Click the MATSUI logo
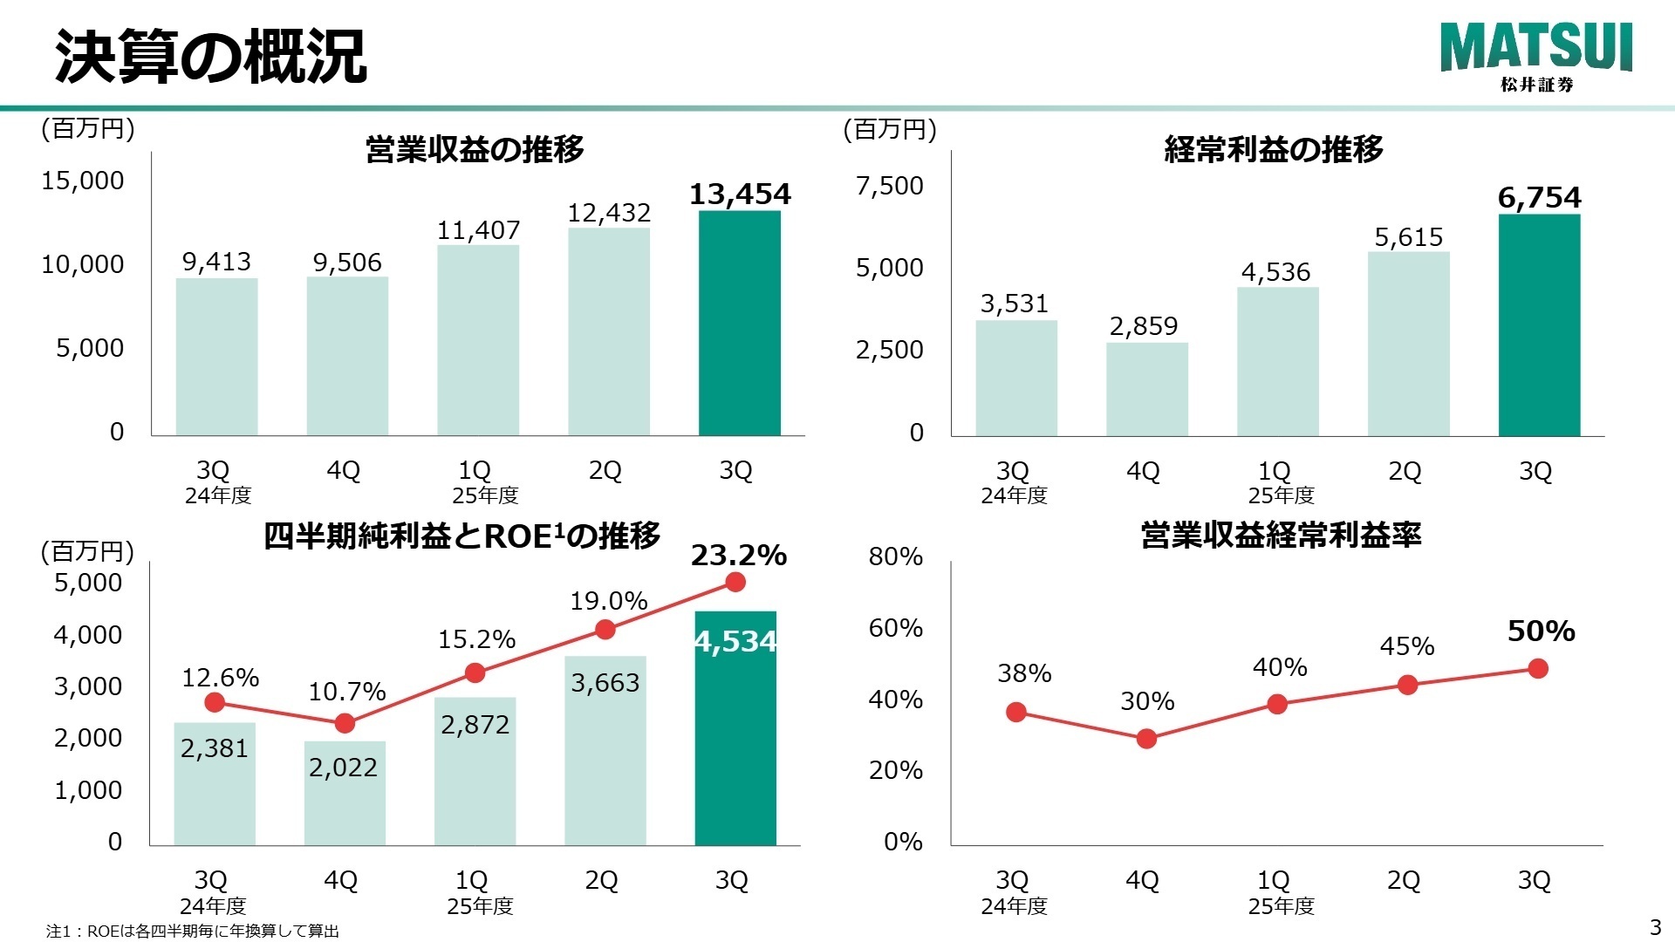click(1535, 56)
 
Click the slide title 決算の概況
click(211, 58)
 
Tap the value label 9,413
click(216, 262)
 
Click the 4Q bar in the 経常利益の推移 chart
click(1146, 389)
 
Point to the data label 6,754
click(1539, 198)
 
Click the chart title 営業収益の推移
click(475, 149)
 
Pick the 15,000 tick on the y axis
click(83, 181)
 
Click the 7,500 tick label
click(889, 186)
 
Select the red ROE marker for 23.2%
click(735, 582)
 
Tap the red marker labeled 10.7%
click(345, 723)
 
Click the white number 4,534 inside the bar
click(735, 642)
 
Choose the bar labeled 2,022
click(345, 794)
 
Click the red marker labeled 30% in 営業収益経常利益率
click(1146, 739)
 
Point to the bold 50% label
click(1541, 631)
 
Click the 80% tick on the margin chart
click(895, 556)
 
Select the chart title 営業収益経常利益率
click(1281, 535)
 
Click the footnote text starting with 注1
click(192, 931)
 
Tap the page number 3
click(1655, 926)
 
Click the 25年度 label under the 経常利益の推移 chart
click(1281, 495)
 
